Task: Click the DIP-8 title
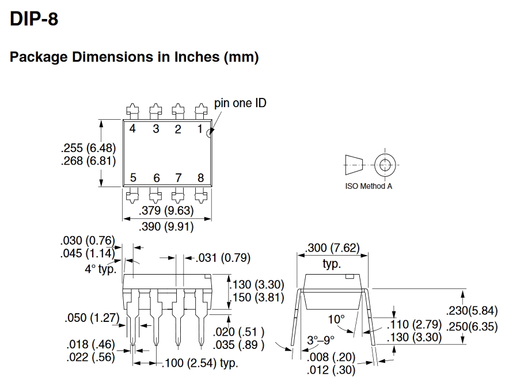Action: pyautogui.click(x=34, y=18)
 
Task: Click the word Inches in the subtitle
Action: pyautogui.click(x=197, y=56)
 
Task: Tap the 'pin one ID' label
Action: pyautogui.click(x=240, y=103)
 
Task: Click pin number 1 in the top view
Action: pyautogui.click(x=200, y=129)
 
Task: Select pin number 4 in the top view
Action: pyautogui.click(x=132, y=128)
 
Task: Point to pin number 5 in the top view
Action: pyautogui.click(x=133, y=177)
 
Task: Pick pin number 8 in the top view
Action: pyautogui.click(x=200, y=177)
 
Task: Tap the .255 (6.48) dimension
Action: pyautogui.click(x=88, y=148)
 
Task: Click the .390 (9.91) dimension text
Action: pyautogui.click(x=166, y=226)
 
